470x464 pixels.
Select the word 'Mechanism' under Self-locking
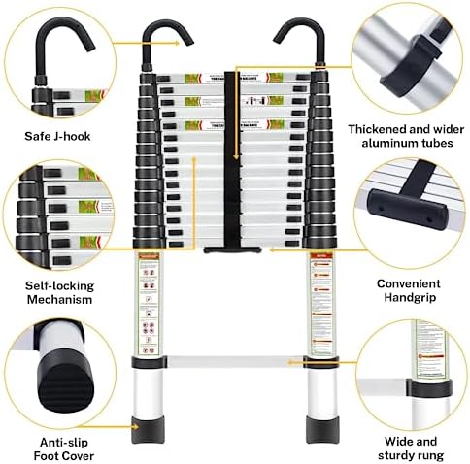(59, 300)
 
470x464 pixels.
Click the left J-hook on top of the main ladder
(161, 44)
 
